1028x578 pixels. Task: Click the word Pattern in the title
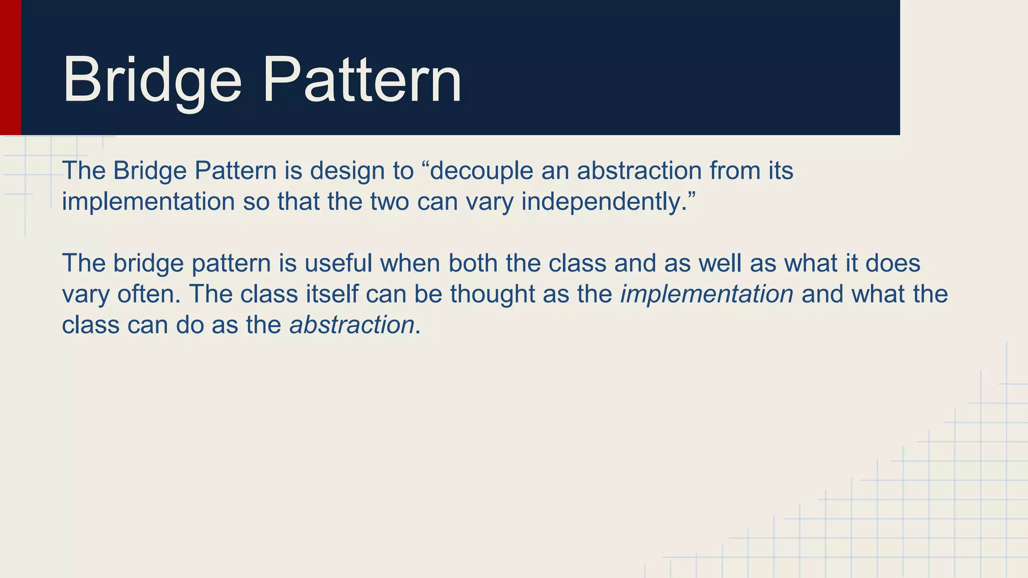[x=361, y=80]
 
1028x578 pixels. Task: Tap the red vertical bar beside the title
[x=10, y=67]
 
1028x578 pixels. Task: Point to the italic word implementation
[x=707, y=294]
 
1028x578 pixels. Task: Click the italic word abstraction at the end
[x=352, y=325]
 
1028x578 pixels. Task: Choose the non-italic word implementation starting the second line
[x=148, y=202]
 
